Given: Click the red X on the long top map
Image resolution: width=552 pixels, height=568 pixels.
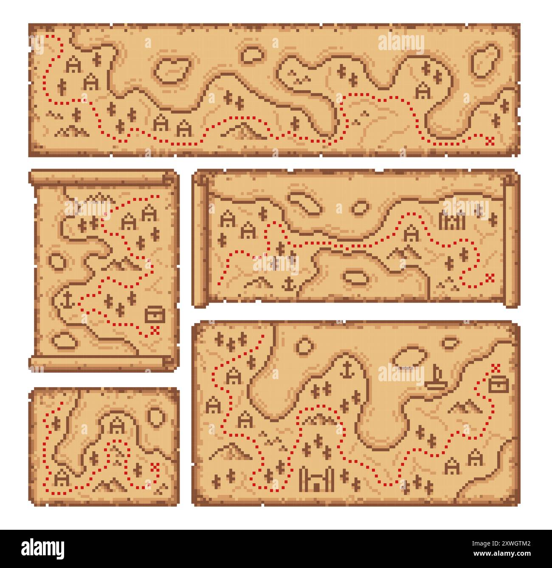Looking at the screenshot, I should [x=491, y=139].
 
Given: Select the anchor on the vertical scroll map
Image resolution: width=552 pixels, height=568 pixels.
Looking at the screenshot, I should [x=67, y=300].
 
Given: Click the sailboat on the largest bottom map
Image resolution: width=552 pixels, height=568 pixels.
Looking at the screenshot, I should [x=436, y=379].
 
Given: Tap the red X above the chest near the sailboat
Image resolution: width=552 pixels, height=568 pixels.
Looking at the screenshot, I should [x=495, y=367].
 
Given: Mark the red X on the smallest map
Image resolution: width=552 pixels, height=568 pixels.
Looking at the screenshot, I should [x=155, y=467].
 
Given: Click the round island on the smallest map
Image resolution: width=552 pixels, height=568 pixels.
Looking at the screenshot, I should [x=156, y=416].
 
